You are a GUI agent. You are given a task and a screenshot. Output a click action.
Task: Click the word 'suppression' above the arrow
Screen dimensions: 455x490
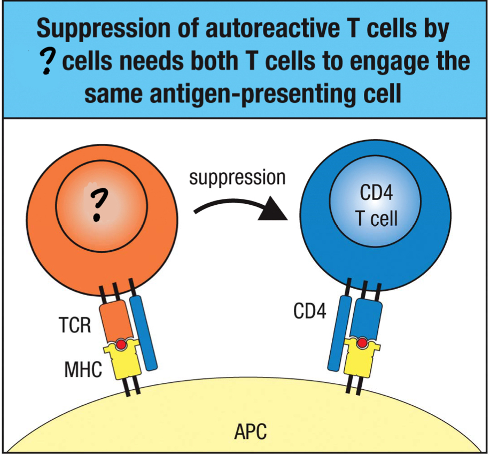[x=237, y=178]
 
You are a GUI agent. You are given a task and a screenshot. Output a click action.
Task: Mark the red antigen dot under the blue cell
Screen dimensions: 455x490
[x=363, y=343]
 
